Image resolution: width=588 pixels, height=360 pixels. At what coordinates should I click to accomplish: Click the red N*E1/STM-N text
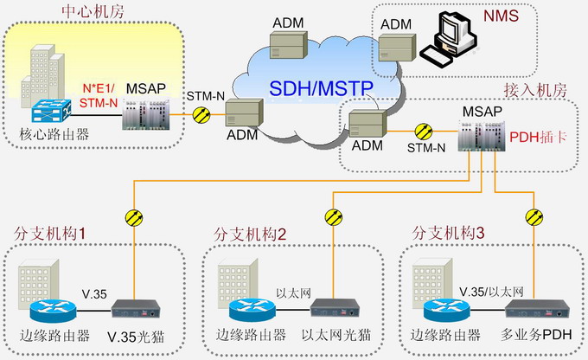point(100,95)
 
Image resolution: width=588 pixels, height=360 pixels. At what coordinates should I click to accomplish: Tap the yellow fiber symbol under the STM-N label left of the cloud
point(201,114)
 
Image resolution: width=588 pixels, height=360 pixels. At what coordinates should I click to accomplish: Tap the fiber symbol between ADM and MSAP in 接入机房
point(423,132)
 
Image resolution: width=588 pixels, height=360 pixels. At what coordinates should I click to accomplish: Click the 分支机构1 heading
point(48,234)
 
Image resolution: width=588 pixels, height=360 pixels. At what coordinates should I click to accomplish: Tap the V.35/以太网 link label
point(494,291)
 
